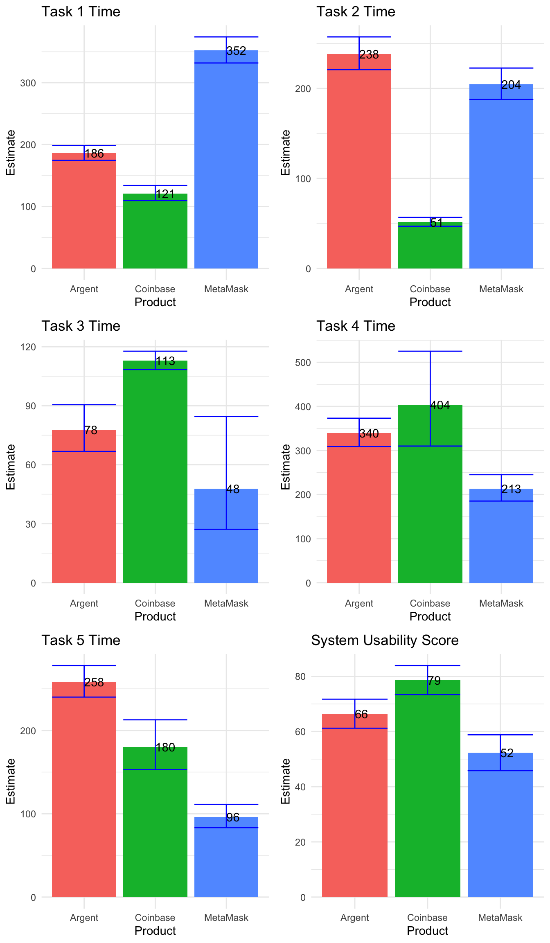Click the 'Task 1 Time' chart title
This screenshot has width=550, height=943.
click(x=81, y=12)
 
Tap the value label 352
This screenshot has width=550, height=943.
click(x=236, y=51)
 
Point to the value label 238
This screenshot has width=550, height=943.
click(x=369, y=55)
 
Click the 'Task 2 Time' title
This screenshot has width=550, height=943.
click(x=356, y=12)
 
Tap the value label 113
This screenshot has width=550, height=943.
click(x=165, y=361)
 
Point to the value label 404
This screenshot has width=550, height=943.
click(x=440, y=406)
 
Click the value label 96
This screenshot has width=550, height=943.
click(x=233, y=818)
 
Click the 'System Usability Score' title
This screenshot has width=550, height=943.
click(x=385, y=641)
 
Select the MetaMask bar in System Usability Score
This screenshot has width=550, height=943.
click(x=500, y=831)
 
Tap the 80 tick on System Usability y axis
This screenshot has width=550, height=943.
click(x=300, y=677)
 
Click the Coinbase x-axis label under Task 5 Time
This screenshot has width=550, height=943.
click(x=155, y=918)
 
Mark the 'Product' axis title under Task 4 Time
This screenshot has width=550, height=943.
click(x=430, y=616)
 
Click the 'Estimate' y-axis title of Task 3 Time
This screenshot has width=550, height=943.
click(x=11, y=467)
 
